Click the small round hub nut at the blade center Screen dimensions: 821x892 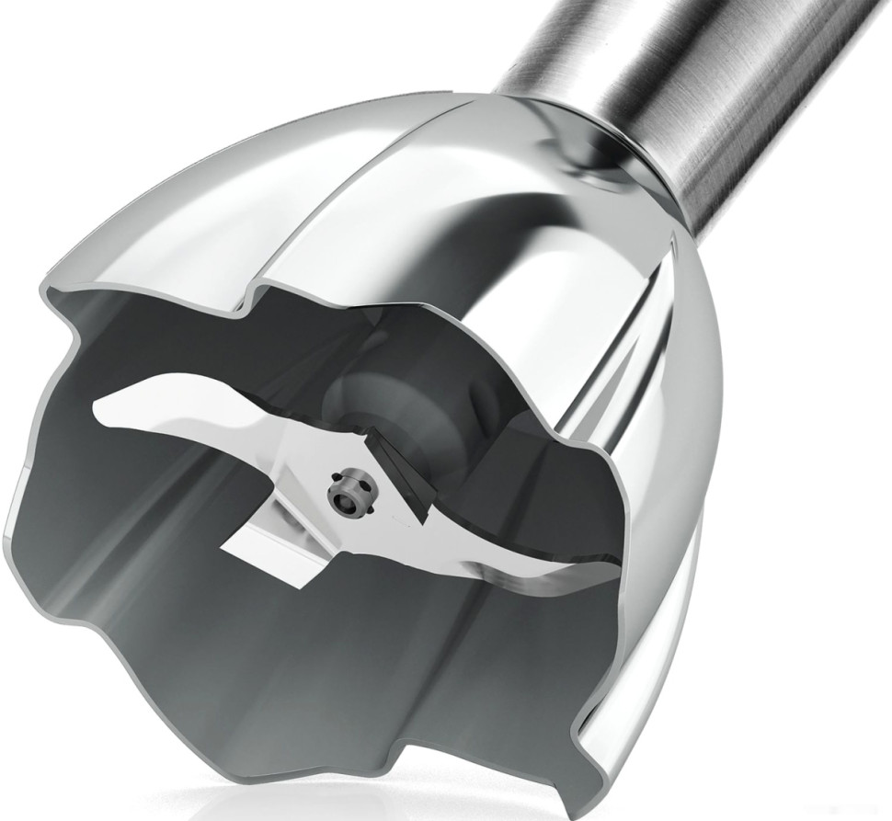click(x=347, y=497)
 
